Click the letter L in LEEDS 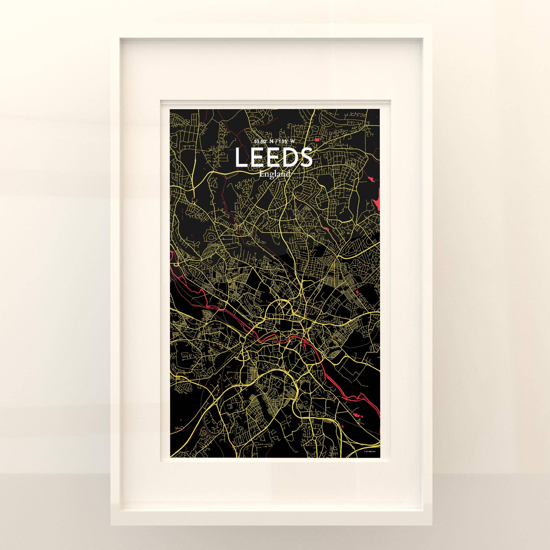tap(241, 158)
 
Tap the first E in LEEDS tap(257, 158)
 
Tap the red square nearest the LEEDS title tap(317, 139)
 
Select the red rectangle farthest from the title tap(357, 292)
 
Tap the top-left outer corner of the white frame tap(111, 24)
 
